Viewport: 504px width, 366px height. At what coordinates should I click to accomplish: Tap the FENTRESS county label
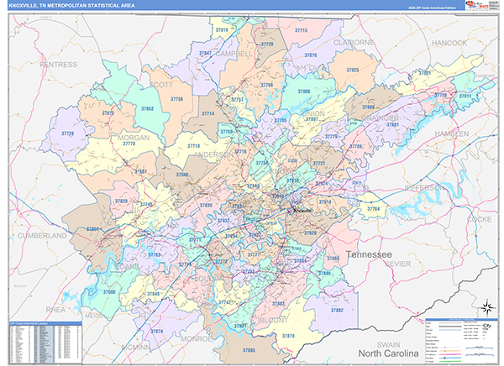coord(57,64)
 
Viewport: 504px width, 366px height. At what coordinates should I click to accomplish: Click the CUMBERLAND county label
coord(40,237)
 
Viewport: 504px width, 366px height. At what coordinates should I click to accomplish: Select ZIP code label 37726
coord(67,134)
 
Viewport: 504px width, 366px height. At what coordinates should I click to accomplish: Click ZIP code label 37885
coord(249,349)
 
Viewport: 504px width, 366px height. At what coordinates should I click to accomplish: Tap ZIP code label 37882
coord(337,311)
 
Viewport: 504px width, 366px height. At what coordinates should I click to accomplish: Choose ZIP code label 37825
coord(353,70)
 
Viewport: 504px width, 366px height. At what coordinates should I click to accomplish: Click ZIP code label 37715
coord(300,30)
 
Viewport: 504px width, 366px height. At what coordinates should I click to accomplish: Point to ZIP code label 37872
coord(107,112)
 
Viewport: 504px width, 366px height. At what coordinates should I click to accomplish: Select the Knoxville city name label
coord(302,210)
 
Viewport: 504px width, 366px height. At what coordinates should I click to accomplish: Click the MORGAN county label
coord(134,138)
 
